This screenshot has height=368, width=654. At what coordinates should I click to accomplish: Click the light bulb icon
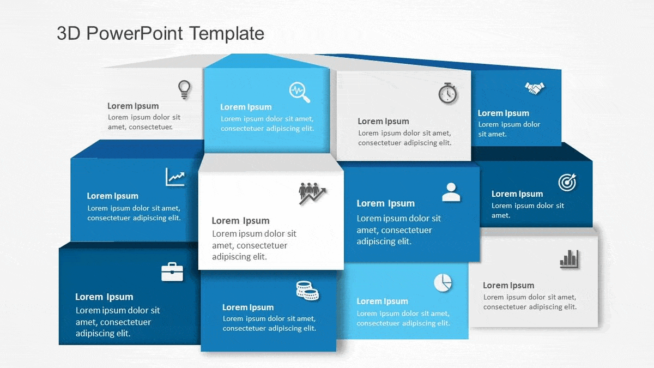pyautogui.click(x=184, y=89)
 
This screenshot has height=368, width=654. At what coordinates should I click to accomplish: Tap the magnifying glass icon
pyautogui.click(x=300, y=92)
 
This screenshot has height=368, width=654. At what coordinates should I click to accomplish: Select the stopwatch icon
pyautogui.click(x=447, y=93)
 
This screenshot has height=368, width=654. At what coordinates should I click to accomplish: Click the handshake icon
pyautogui.click(x=535, y=88)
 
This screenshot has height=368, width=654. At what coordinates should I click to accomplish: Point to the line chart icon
pyautogui.click(x=175, y=177)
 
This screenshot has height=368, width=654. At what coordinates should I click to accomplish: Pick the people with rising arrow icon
pyautogui.click(x=312, y=193)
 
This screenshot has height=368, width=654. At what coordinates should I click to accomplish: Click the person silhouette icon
pyautogui.click(x=451, y=192)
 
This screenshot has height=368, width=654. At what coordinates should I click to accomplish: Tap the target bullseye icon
pyautogui.click(x=567, y=183)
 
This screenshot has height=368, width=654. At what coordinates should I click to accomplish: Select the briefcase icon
pyautogui.click(x=172, y=272)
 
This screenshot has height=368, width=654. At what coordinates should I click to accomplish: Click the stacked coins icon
pyautogui.click(x=307, y=290)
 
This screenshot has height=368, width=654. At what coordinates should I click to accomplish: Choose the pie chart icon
pyautogui.click(x=443, y=282)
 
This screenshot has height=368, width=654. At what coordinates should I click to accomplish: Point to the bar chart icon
pyautogui.click(x=569, y=259)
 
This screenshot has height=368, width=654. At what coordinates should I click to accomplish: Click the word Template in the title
pyautogui.click(x=227, y=33)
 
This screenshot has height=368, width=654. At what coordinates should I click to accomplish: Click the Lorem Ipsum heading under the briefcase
pyautogui.click(x=104, y=297)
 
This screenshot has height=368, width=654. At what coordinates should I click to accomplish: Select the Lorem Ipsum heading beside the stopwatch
pyautogui.click(x=383, y=121)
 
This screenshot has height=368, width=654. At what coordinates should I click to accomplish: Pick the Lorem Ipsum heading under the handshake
pyautogui.click(x=504, y=113)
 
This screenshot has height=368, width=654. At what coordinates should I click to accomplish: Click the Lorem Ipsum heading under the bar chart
pyautogui.click(x=508, y=285)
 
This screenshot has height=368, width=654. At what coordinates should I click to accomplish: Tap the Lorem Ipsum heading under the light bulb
pyautogui.click(x=133, y=106)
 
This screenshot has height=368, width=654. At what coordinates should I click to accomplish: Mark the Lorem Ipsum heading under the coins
pyautogui.click(x=248, y=307)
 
